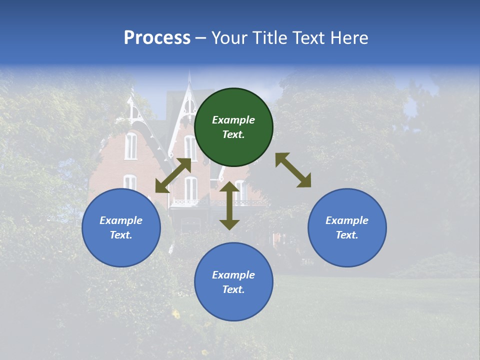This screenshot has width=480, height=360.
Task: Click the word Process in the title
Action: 157,37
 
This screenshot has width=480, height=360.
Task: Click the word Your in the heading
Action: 229,37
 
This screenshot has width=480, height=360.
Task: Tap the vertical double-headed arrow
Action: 229,205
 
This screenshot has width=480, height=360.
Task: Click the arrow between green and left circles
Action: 173,175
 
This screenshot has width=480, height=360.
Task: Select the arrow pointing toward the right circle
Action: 293,170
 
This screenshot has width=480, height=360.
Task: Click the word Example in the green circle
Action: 233,120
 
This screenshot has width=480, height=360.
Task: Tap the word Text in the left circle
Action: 121,235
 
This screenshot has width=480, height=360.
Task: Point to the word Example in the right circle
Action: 347,220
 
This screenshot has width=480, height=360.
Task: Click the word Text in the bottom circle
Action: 233,289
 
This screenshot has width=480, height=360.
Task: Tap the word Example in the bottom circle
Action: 233,275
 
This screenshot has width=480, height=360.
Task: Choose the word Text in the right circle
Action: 347,235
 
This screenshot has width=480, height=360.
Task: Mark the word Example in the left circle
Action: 121,220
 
